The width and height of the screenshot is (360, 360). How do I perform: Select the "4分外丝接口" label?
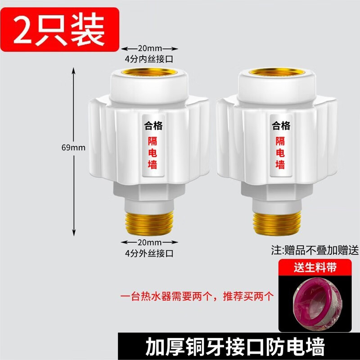(x=149, y=253)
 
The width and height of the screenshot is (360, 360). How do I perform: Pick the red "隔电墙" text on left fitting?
(x=153, y=153)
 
